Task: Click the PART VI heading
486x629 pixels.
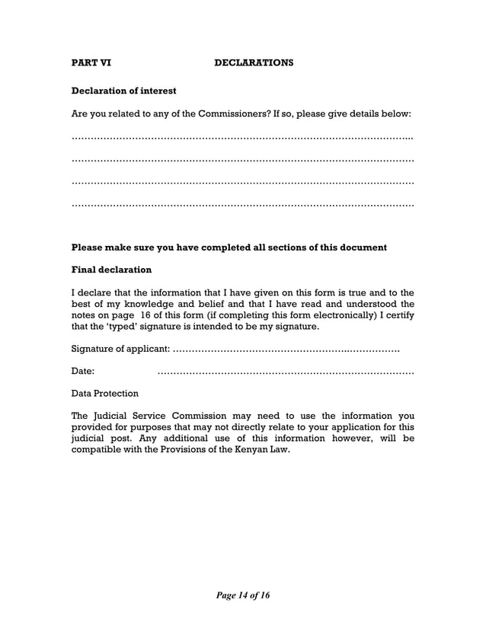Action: [90, 62]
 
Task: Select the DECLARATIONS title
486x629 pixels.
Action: [253, 62]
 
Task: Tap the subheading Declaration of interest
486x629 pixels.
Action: [123, 91]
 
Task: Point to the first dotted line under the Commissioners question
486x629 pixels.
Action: [242, 139]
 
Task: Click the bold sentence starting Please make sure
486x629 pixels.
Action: [229, 247]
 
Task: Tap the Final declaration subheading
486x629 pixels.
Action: [111, 270]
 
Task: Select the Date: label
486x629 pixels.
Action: [82, 372]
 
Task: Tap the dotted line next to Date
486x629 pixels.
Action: [285, 372]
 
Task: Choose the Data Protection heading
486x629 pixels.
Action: [104, 394]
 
